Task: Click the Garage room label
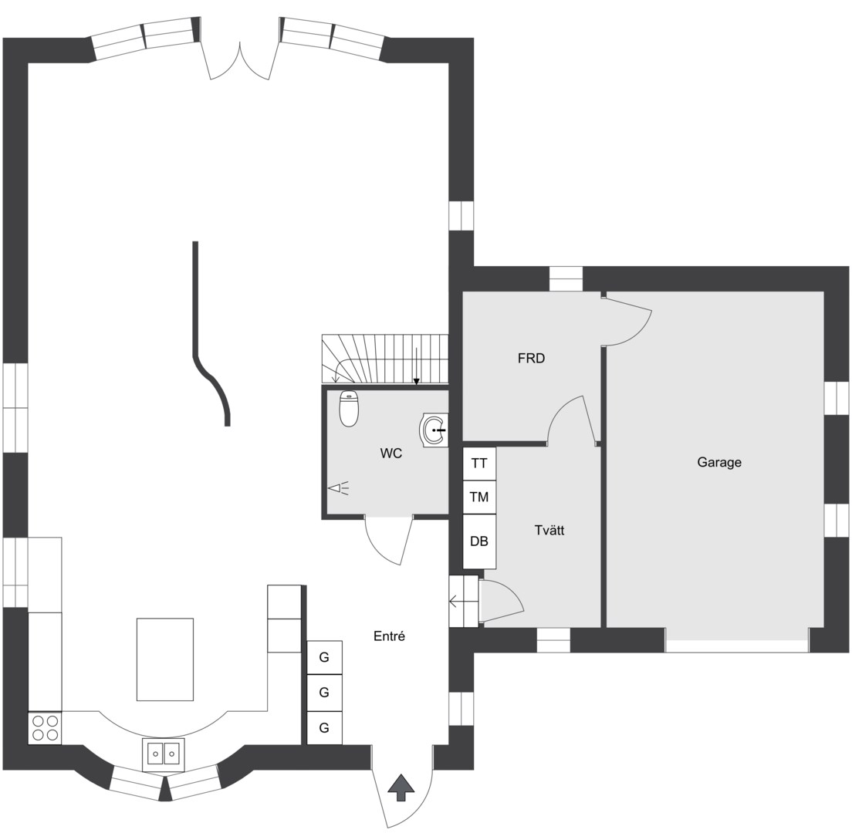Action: (x=719, y=463)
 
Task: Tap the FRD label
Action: (x=531, y=359)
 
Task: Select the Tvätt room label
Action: (x=549, y=530)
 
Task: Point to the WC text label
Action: (x=390, y=454)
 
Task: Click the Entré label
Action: (x=389, y=636)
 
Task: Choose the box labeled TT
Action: (x=479, y=464)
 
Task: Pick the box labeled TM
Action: (x=479, y=497)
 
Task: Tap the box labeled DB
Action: (x=479, y=541)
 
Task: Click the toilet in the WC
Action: (x=349, y=408)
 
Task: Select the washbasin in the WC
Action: (x=434, y=430)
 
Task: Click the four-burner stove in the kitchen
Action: (x=45, y=728)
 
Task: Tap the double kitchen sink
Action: (x=164, y=754)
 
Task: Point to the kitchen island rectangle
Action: (x=165, y=659)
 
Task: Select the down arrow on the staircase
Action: (x=416, y=367)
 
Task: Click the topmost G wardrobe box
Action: (x=324, y=658)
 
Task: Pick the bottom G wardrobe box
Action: (x=324, y=727)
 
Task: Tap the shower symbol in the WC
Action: (x=338, y=488)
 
